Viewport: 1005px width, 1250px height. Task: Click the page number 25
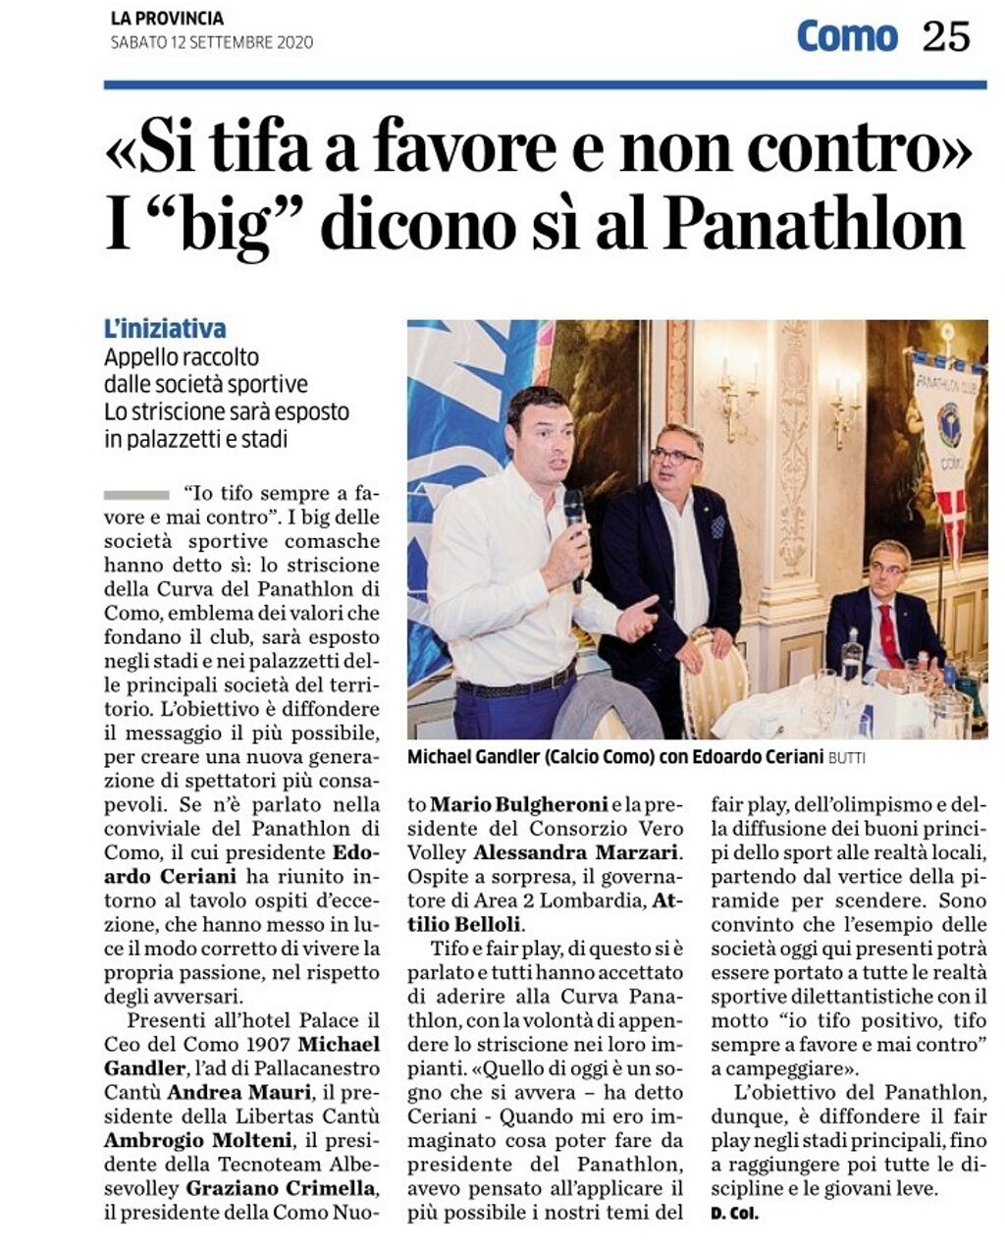[x=945, y=36]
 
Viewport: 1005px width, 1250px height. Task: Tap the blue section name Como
[x=846, y=36]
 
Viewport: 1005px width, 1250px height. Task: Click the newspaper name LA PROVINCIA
[x=167, y=19]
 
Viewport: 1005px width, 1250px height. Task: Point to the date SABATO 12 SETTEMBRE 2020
[x=211, y=42]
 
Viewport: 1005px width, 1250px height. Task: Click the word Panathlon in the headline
[x=815, y=225]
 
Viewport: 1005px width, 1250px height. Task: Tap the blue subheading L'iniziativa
[x=165, y=329]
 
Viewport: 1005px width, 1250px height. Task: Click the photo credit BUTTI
[x=846, y=758]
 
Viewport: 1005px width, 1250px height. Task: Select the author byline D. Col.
[x=734, y=1214]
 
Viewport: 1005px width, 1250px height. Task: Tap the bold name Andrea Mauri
[x=238, y=1092]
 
